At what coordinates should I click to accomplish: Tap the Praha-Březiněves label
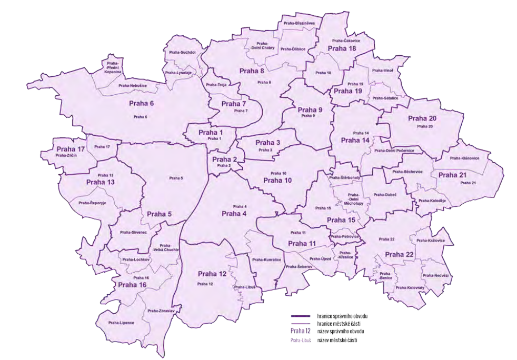click(300, 23)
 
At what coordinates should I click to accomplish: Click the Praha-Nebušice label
click(133, 85)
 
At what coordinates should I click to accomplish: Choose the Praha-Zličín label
click(66, 155)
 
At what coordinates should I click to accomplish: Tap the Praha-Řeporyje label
click(92, 203)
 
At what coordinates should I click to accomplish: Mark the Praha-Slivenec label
click(133, 232)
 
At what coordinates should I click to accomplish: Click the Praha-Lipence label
click(121, 322)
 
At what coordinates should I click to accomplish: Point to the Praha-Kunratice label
click(266, 259)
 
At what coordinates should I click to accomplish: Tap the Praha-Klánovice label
click(464, 158)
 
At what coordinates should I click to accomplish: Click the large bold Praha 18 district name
click(342, 49)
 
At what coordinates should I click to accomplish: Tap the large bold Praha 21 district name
click(452, 175)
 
